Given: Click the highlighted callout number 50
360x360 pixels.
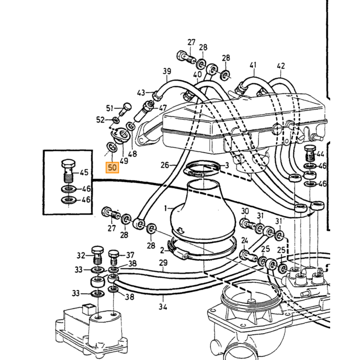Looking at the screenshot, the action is click(x=112, y=167).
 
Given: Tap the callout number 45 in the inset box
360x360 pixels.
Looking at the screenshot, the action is click(x=84, y=172).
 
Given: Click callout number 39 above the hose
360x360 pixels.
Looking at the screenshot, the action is click(x=167, y=71).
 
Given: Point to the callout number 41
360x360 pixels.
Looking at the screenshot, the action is click(x=253, y=65).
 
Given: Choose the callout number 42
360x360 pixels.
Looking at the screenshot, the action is click(x=281, y=66).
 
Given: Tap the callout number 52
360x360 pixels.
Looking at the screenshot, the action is click(x=100, y=120).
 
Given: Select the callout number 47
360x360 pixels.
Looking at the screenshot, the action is click(x=163, y=107).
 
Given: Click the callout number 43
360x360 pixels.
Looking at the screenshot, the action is click(x=141, y=93).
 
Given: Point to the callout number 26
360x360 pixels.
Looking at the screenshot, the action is click(x=165, y=165).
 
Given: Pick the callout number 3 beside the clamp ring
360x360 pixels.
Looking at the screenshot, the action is click(x=227, y=165).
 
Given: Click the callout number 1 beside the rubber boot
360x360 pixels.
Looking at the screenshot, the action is click(x=166, y=208).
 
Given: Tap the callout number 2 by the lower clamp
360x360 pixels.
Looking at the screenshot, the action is click(x=162, y=250).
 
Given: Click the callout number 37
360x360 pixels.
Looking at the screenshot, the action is click(x=130, y=255).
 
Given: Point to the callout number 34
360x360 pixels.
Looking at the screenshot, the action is click(x=163, y=307).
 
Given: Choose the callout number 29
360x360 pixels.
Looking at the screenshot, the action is click(x=163, y=263).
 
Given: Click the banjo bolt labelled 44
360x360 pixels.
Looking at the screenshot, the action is click(x=310, y=153).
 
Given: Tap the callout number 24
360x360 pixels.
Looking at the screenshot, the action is click(x=245, y=240).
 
